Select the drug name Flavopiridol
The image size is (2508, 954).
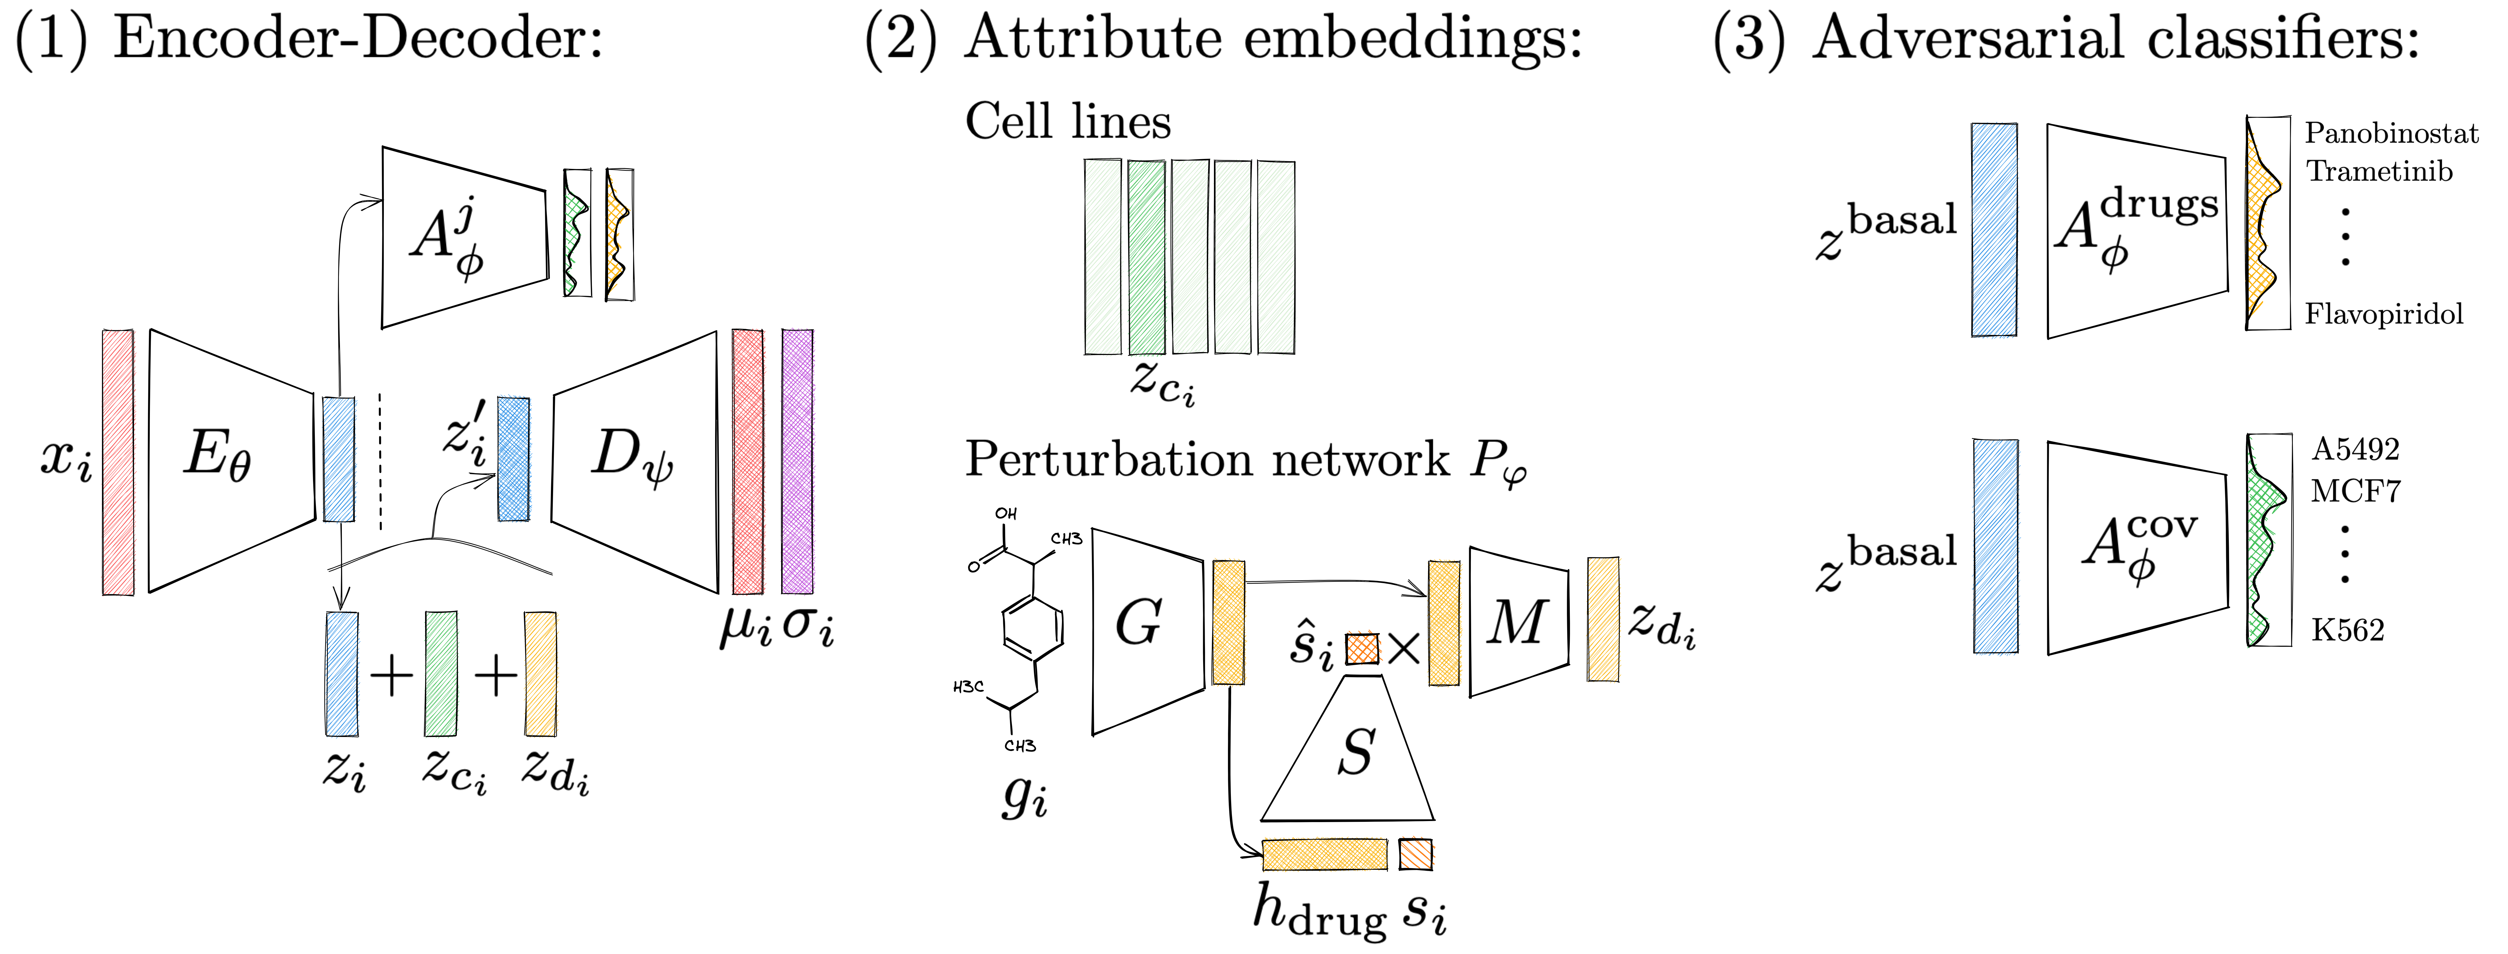[2383, 314]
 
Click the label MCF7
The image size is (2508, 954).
[2355, 492]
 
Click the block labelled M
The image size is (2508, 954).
[1517, 623]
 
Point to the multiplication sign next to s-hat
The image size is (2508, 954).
[1403, 648]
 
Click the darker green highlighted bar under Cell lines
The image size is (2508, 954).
[1146, 258]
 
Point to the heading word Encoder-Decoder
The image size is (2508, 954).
[358, 39]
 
